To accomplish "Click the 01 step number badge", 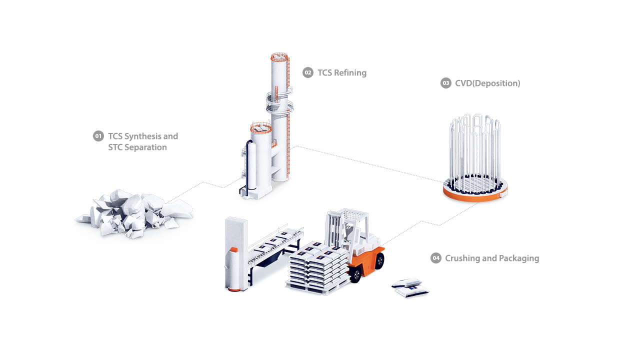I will (x=98, y=136).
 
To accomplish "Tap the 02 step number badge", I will (x=307, y=73).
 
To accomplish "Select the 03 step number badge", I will (x=445, y=83).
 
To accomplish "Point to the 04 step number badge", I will (x=435, y=258).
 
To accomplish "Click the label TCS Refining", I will (x=342, y=73).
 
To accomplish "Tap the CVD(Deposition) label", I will (x=487, y=83).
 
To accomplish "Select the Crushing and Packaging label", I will (x=492, y=258).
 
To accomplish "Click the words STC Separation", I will (x=137, y=147).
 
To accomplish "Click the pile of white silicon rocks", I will (x=133, y=213).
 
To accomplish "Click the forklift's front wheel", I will (x=355, y=274).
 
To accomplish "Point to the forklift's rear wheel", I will (x=379, y=260).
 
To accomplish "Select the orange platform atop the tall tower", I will (x=279, y=55).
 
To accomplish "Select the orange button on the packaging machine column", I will (x=233, y=248).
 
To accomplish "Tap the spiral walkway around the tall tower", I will (x=278, y=102).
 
